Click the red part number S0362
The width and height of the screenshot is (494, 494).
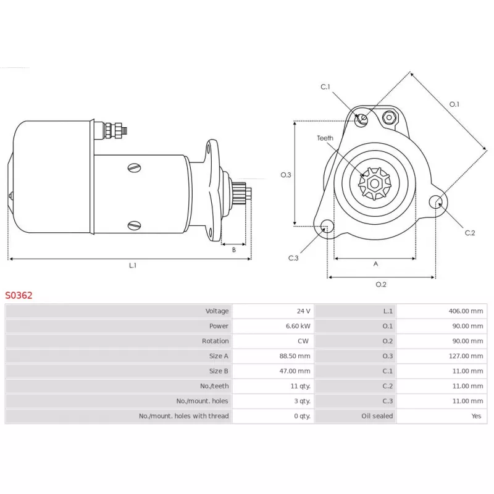tap(19, 295)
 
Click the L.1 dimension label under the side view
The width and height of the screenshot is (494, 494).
tap(132, 266)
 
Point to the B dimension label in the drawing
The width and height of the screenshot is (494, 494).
tap(234, 250)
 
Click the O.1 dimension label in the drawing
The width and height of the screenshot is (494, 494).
tap(454, 104)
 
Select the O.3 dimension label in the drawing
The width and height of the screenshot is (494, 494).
tap(285, 175)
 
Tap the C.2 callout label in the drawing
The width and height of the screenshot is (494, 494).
tap(470, 233)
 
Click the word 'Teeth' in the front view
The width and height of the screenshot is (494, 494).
tap(325, 138)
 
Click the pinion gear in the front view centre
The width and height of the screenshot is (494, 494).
tap(375, 183)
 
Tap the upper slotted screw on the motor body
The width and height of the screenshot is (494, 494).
tap(135, 167)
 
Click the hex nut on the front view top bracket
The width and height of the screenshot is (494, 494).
tap(389, 117)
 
